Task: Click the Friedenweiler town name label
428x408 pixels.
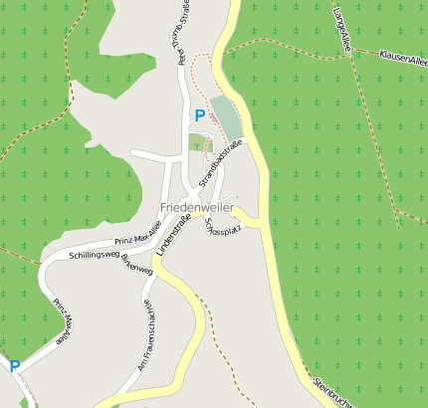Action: coord(196,207)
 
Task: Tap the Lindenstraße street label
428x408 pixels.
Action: coord(173,233)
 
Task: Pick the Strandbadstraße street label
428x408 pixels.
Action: coord(220,164)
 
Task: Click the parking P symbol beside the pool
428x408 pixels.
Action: coord(199,115)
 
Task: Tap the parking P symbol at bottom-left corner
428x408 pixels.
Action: coord(14,366)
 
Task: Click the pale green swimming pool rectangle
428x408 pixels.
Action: coord(226,117)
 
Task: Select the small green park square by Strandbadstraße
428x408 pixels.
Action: coord(200,142)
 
